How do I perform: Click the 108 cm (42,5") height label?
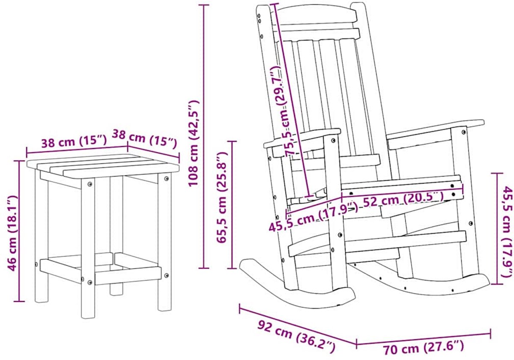coord(193,143)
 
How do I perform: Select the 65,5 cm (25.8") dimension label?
coord(221,197)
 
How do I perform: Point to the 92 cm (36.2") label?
coord(296,336)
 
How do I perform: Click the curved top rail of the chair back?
coord(318,14)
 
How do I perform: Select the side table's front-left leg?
coord(88,248)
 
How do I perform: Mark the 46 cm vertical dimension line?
coord(20,231)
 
